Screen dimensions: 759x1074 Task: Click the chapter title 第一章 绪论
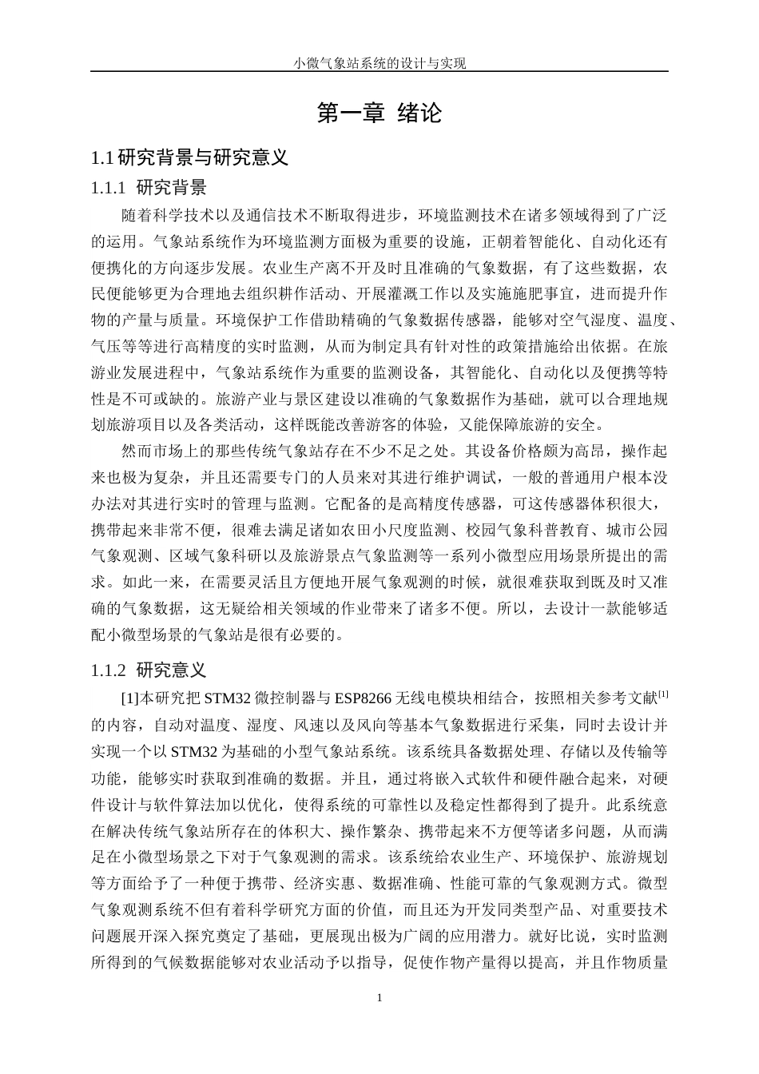379,113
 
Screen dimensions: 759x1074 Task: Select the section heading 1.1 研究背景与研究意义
190,157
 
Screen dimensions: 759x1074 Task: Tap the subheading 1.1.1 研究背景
149,188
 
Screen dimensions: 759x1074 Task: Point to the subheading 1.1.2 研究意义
149,669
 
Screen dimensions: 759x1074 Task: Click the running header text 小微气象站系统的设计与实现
379,63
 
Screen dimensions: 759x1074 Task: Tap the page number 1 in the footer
379,997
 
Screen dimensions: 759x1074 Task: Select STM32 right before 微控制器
228,698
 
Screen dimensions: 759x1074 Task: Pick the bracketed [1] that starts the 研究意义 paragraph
129,698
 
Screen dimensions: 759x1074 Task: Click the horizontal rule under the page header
379,72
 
